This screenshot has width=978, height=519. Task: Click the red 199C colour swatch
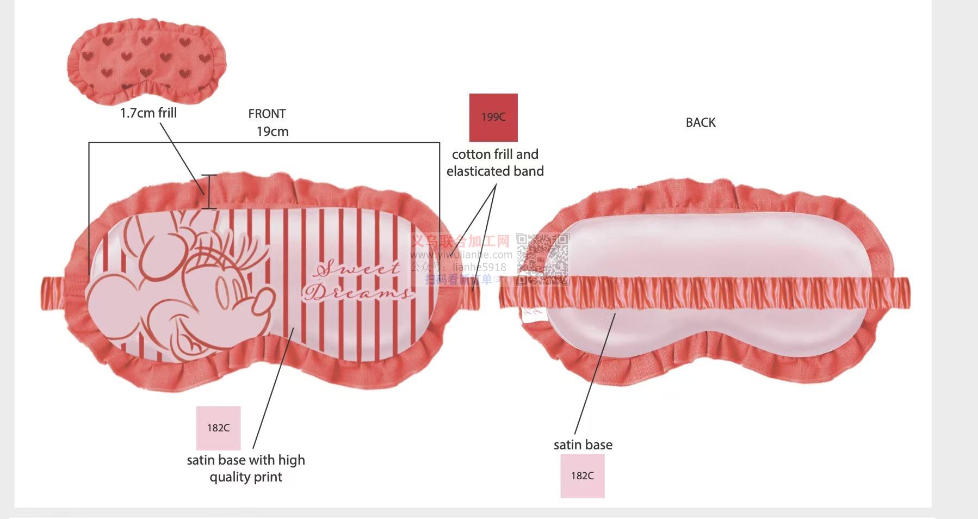pos(493,118)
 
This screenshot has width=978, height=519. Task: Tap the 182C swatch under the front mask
pos(218,428)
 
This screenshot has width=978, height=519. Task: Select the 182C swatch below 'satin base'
pos(582,476)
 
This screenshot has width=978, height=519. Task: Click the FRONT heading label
pos(267,114)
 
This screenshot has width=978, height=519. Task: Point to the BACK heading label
pos(701,122)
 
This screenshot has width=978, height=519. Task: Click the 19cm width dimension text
pos(273,132)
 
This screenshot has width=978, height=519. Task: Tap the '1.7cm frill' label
pos(148,113)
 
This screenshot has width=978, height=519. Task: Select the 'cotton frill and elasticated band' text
pos(495,163)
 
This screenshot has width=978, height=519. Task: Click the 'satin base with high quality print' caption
pos(246,468)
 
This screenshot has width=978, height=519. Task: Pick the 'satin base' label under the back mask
pos(583,445)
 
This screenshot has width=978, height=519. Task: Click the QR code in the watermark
pos(542,259)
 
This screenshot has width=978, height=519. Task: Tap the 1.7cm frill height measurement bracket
pos(209,191)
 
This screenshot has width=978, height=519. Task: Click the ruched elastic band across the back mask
pos(707,293)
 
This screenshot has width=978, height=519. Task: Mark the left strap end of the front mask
pos(57,294)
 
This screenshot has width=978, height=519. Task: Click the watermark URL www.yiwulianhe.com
pos(461,255)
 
